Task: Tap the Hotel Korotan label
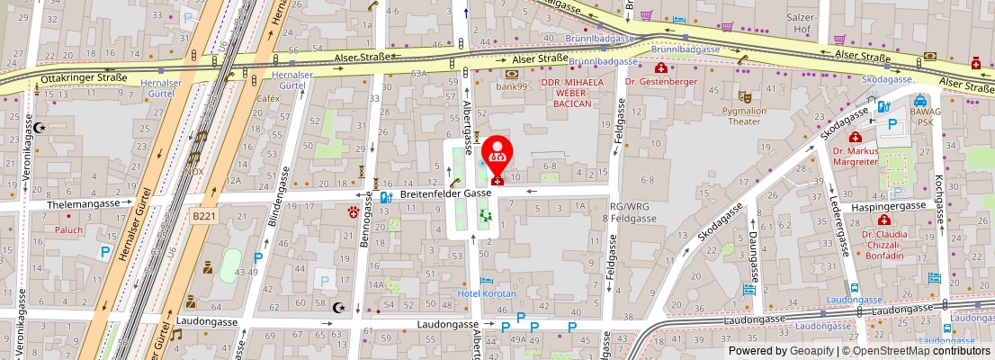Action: click(487, 294)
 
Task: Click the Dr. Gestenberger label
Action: click(661, 81)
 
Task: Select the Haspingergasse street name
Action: click(891, 204)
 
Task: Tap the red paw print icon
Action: click(353, 213)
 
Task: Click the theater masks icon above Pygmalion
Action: click(744, 95)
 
